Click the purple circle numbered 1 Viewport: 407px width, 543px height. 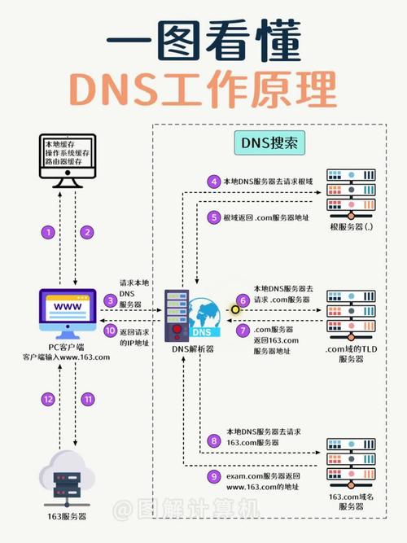pos(48,233)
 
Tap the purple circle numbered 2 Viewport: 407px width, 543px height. pos(86,233)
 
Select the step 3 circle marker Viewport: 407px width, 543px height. pos(110,300)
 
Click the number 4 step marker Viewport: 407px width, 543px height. pos(214,182)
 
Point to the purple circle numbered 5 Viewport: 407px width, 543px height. pos(214,217)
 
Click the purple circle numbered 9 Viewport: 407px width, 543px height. pos(214,477)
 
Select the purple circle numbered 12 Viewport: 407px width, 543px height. pos(48,399)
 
